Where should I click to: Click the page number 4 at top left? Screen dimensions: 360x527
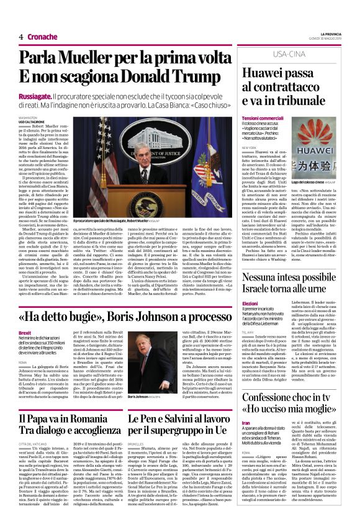21,37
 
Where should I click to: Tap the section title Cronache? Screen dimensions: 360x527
42,37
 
